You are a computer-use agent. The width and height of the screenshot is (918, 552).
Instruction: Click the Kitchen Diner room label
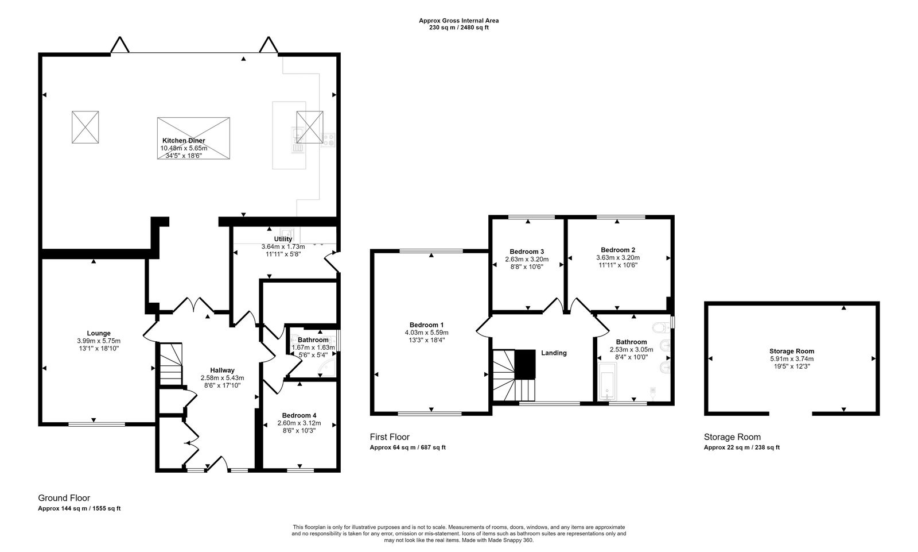184,140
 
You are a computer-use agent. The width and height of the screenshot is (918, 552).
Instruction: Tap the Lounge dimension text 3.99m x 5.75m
99,341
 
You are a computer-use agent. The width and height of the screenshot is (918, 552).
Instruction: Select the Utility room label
283,239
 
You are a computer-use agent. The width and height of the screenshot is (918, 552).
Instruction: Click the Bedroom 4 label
299,415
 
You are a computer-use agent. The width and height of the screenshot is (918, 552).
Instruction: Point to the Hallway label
221,370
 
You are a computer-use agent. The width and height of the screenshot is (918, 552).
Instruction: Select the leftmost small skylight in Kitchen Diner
85,127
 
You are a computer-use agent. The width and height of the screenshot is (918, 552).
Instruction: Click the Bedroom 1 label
426,324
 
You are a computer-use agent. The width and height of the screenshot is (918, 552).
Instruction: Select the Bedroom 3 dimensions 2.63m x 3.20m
526,258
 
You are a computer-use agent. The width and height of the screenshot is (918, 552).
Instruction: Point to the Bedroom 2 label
617,250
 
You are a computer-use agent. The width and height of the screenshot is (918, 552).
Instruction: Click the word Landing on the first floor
554,353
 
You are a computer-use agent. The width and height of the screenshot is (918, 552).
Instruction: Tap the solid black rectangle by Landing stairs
524,364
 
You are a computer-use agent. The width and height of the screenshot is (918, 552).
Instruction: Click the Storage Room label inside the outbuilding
791,351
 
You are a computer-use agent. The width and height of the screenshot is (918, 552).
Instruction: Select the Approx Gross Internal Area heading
458,21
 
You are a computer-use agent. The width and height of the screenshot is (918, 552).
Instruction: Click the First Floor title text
390,437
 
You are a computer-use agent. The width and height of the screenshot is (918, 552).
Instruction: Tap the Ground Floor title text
64,498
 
